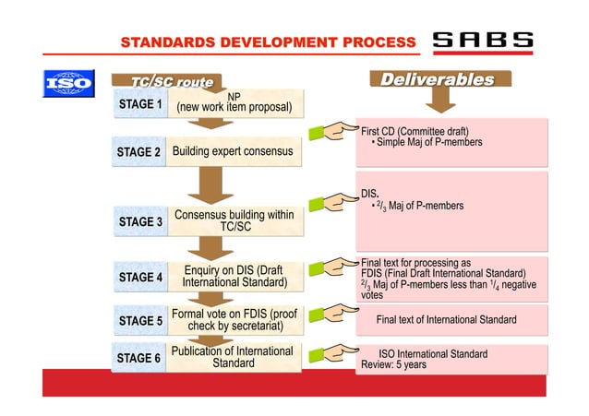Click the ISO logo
69,82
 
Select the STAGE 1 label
140,105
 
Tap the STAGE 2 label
140,151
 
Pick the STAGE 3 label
140,221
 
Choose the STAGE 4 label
140,276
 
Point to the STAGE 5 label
140,320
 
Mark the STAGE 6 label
140,357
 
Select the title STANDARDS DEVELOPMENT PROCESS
269,42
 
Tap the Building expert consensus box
233,151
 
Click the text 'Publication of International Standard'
233,357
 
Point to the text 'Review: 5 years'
393,365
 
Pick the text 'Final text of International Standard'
446,320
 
